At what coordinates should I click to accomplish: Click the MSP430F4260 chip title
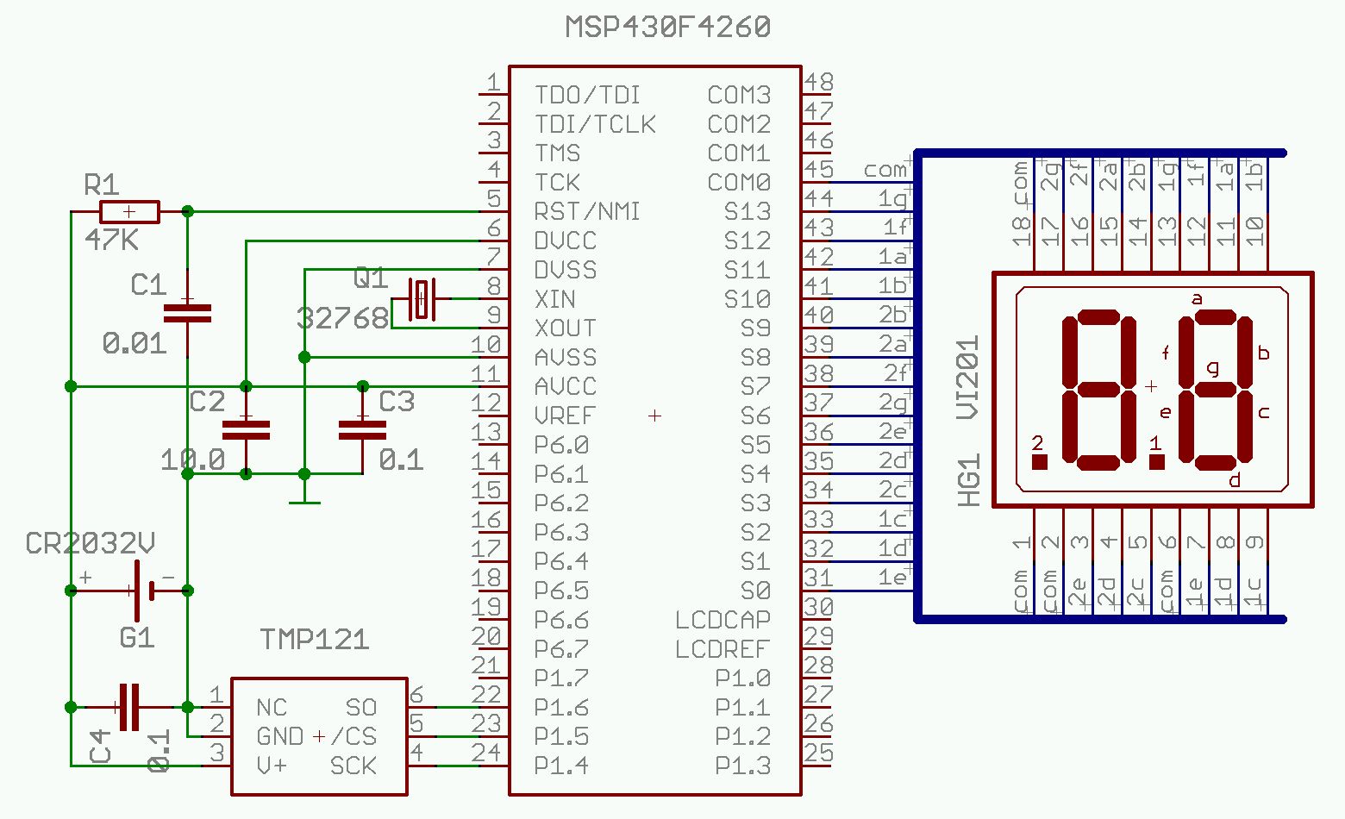[667, 27]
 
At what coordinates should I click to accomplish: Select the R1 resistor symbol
[129, 212]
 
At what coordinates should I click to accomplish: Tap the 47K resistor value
[112, 240]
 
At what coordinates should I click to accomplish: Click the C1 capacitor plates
[187, 313]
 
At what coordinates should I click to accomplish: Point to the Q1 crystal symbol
[422, 299]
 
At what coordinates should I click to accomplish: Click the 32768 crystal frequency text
[342, 318]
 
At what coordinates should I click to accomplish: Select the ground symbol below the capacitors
[304, 502]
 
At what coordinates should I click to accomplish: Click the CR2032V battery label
[90, 543]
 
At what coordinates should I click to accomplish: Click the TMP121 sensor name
[315, 640]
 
